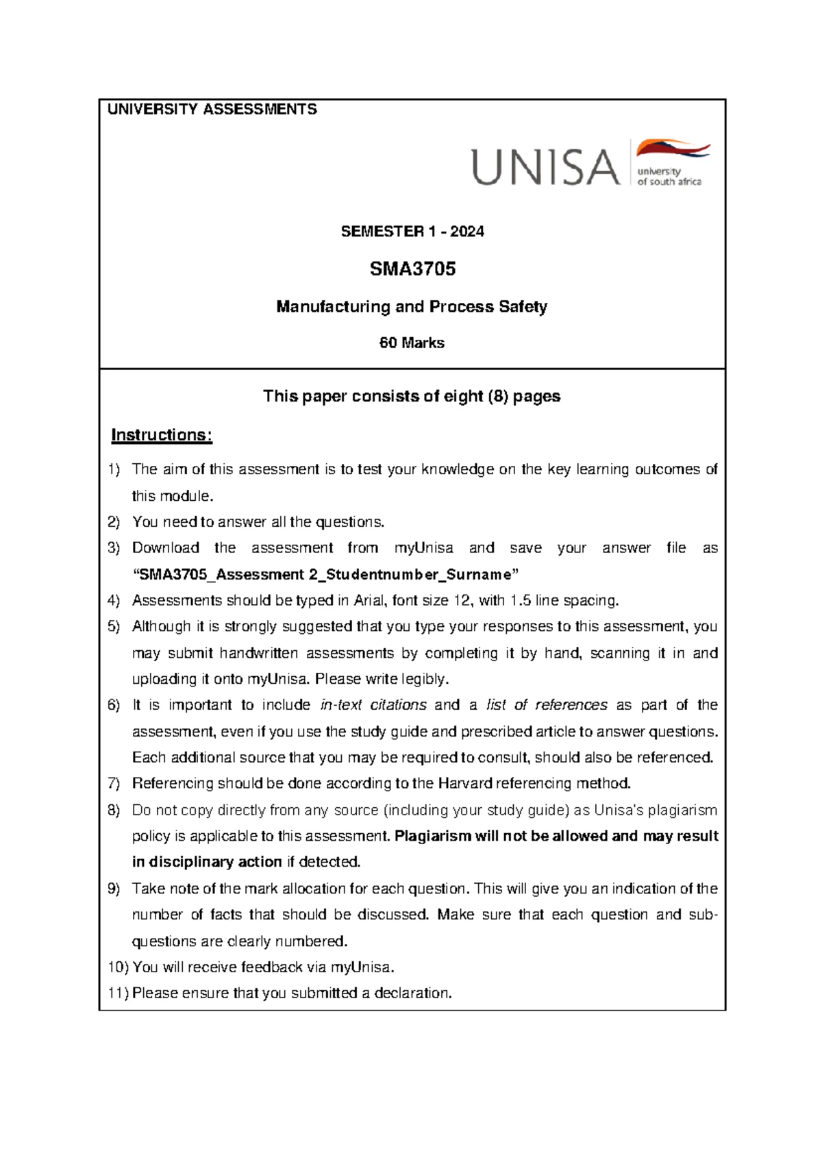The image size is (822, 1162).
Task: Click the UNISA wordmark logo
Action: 545,167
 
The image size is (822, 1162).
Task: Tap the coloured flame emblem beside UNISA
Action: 673,149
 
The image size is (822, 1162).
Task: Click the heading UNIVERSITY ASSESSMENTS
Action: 212,110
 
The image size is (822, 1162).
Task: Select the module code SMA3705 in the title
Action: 412,269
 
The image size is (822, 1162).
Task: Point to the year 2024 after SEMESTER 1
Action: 467,232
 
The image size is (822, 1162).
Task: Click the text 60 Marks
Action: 412,343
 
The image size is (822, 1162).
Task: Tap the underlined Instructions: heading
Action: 162,435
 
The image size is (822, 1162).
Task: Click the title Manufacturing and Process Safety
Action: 412,306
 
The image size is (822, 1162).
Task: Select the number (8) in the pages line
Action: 498,396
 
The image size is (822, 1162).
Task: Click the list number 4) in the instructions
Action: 114,601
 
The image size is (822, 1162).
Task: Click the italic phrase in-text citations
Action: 373,705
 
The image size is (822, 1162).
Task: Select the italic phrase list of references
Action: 547,705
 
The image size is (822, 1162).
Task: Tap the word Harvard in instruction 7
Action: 464,783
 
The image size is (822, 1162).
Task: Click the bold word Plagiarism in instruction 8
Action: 434,836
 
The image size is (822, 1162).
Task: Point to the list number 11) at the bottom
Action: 117,993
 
